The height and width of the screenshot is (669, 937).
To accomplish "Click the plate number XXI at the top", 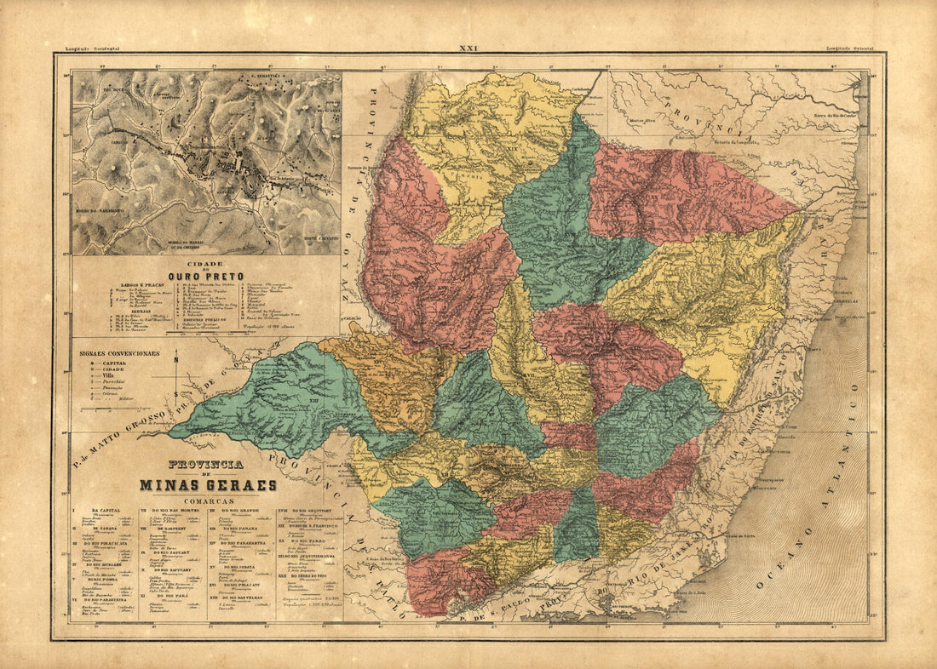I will click(x=468, y=49).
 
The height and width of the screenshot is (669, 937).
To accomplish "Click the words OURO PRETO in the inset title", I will click(x=205, y=277).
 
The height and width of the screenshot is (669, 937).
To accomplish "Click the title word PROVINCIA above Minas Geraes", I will click(x=205, y=466).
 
